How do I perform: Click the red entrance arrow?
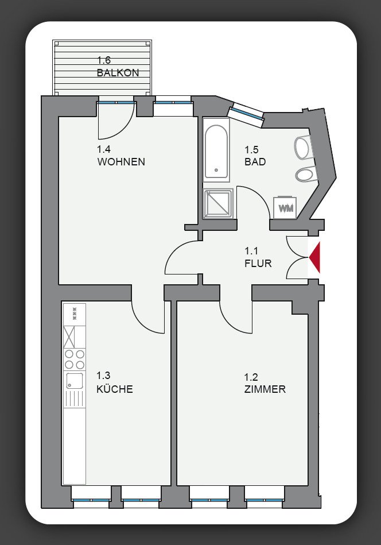point(316,257)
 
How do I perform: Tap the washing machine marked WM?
point(286,207)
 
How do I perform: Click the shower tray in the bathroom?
point(218,203)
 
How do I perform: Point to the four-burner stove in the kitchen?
point(75,360)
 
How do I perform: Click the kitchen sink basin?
point(73,380)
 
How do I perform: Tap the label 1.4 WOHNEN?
point(120,156)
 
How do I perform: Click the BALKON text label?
point(118,73)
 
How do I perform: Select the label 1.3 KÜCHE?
point(114,383)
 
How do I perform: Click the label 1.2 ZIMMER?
point(265,384)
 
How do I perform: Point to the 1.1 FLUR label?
point(258,258)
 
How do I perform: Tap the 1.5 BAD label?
point(255,156)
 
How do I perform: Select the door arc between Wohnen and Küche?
point(147,316)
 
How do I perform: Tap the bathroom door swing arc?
point(254,202)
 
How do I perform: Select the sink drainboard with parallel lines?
point(75,398)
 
